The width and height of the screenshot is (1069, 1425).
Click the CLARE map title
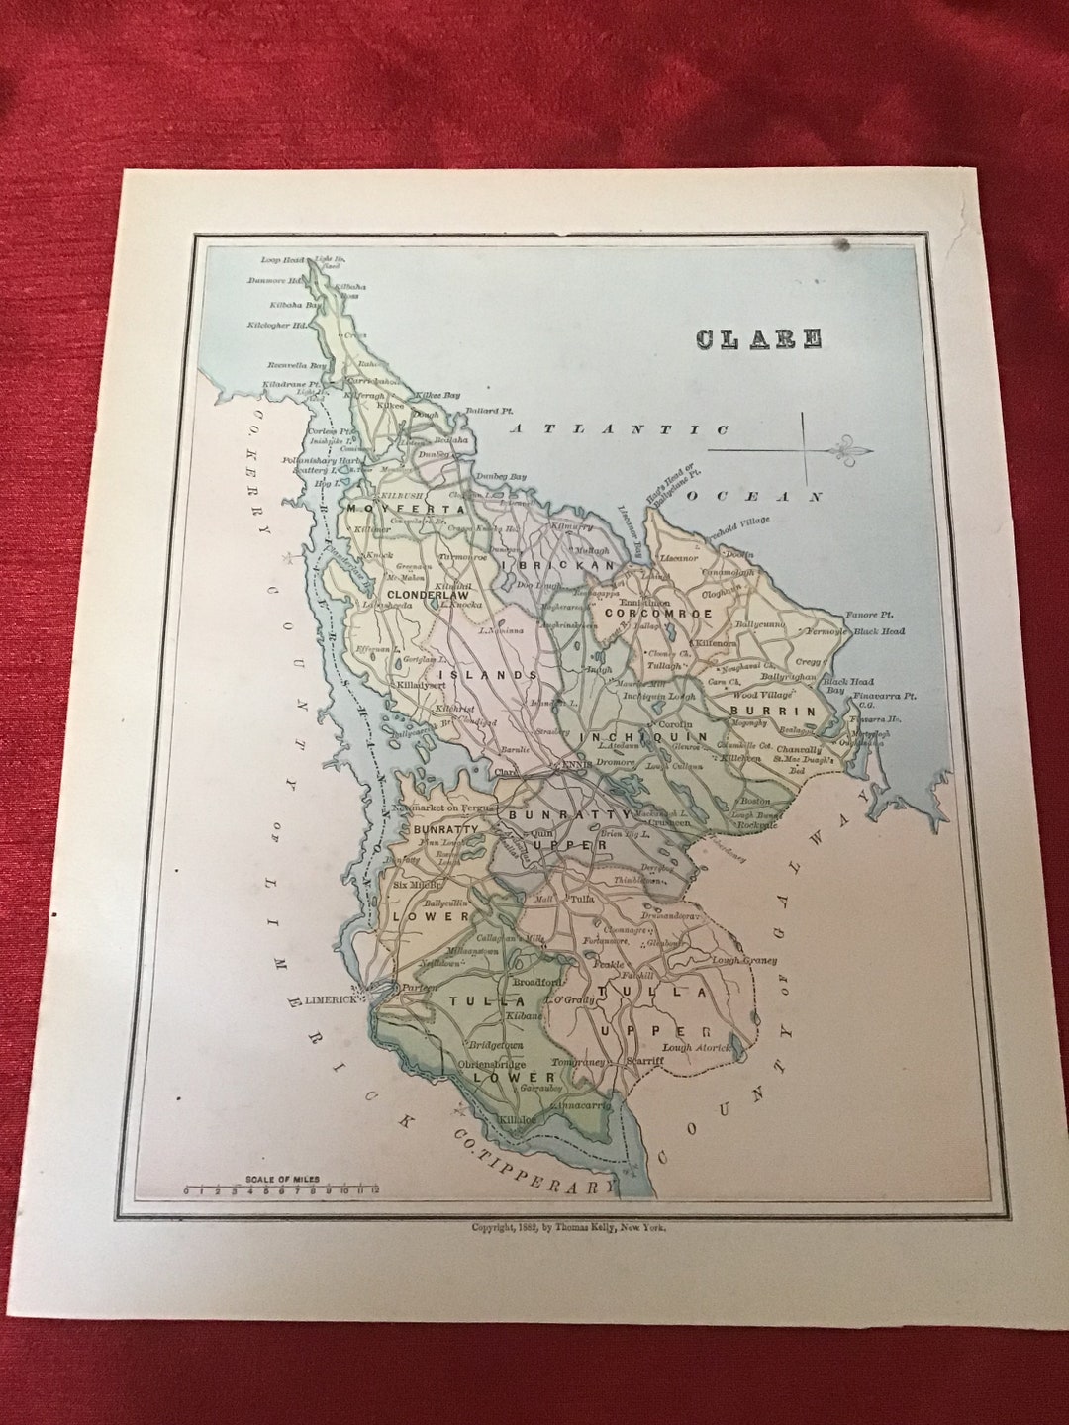pos(758,338)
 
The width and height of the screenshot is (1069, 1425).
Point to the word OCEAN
pos(756,496)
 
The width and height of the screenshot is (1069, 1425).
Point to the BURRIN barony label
pos(787,711)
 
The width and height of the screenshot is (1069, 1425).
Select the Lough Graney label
pos(744,959)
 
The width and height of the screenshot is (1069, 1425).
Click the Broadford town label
pos(535,981)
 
